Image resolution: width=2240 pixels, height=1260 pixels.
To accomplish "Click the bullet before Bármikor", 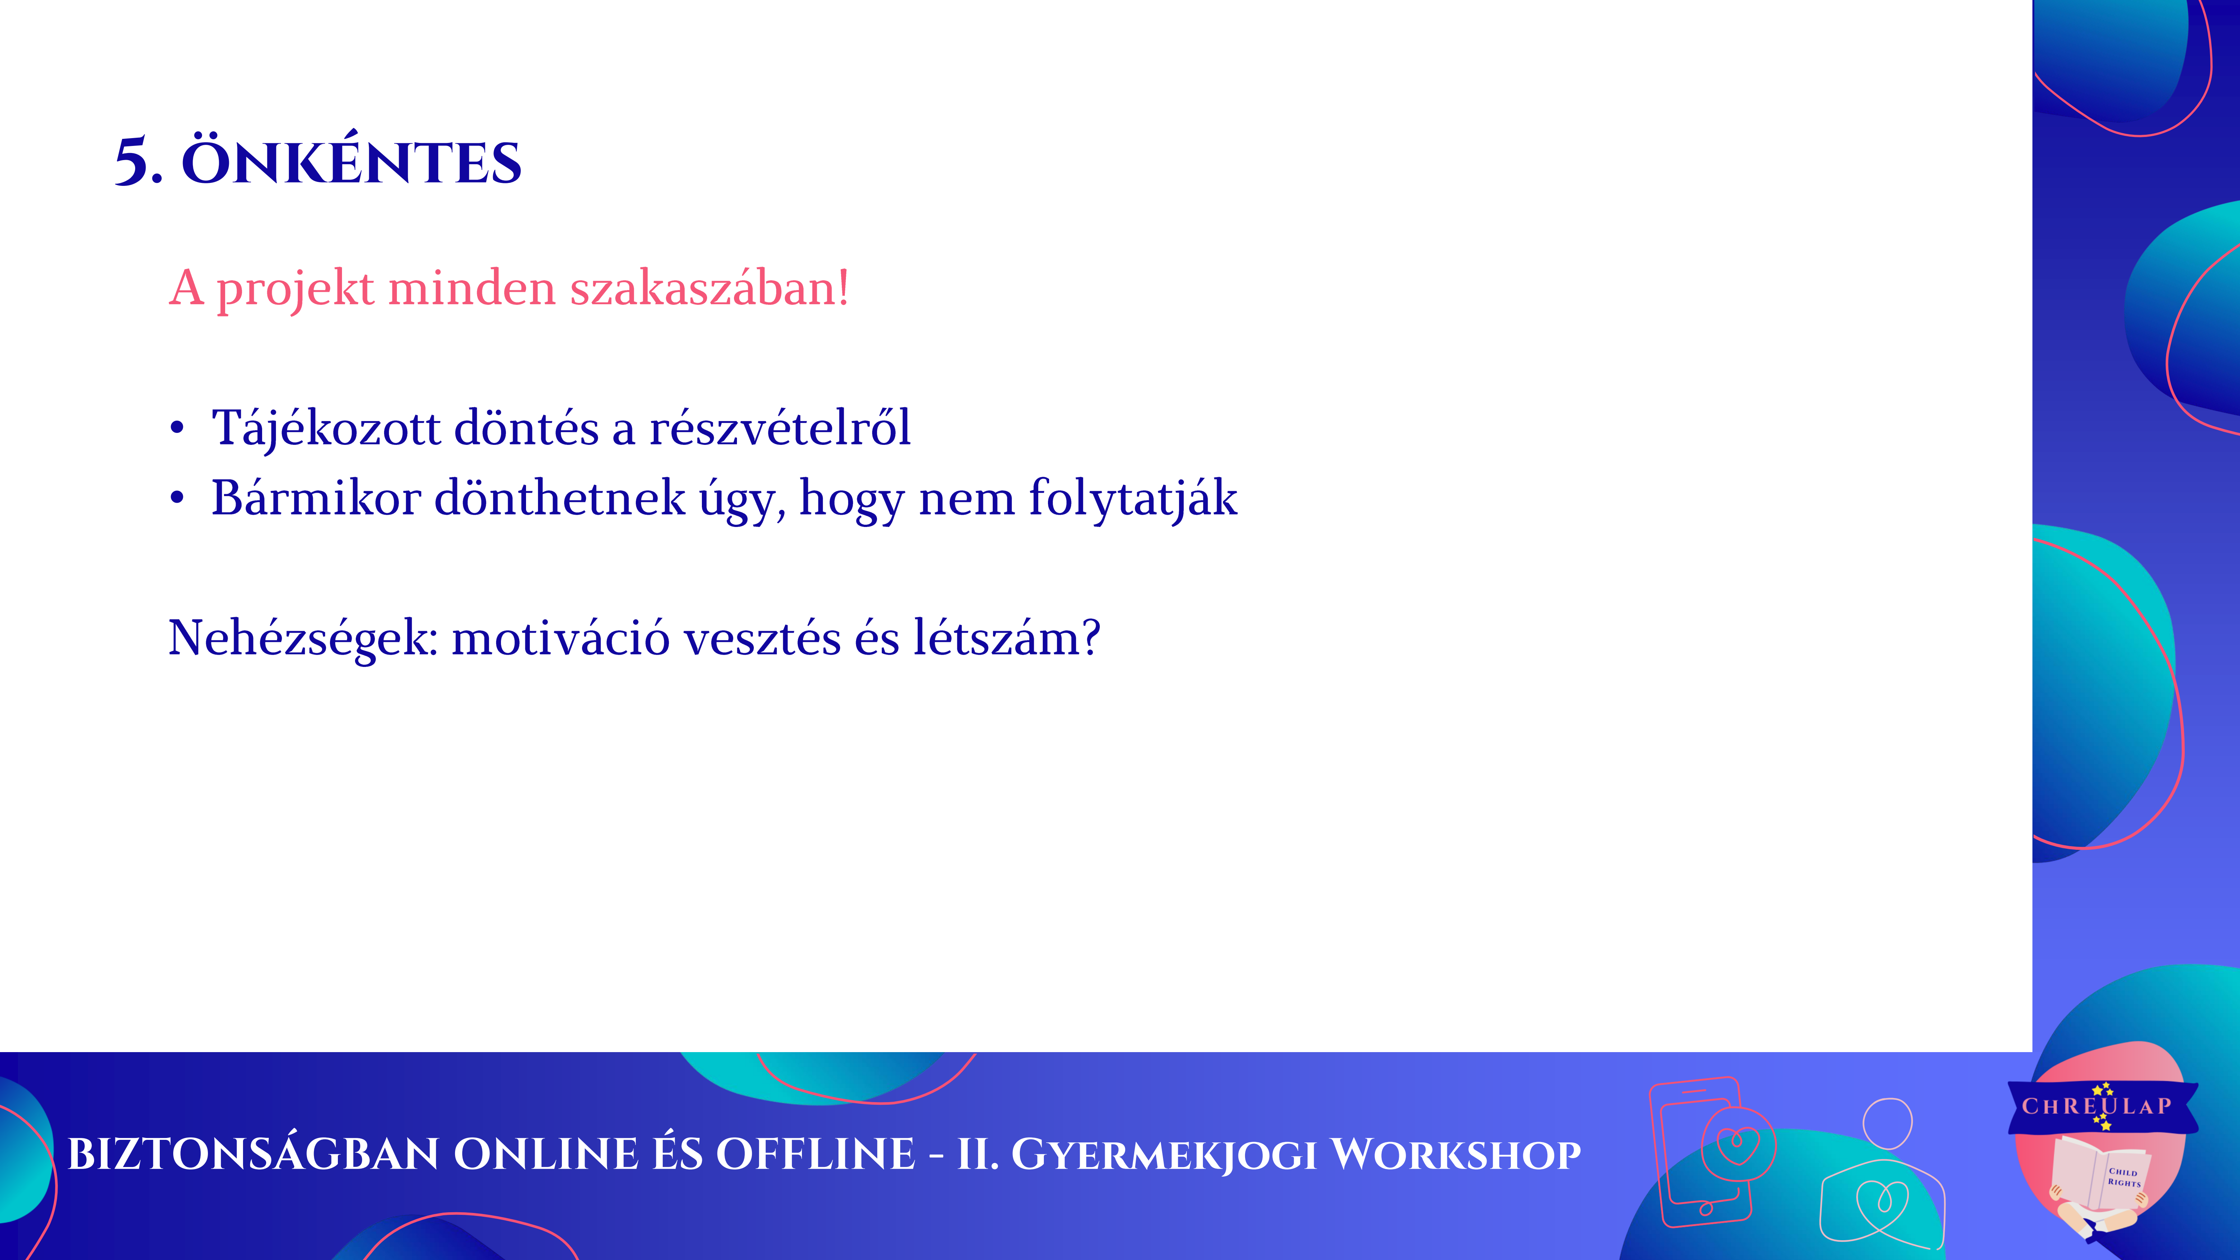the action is [177, 498].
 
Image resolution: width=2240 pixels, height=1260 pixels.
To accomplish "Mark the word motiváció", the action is [561, 637].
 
